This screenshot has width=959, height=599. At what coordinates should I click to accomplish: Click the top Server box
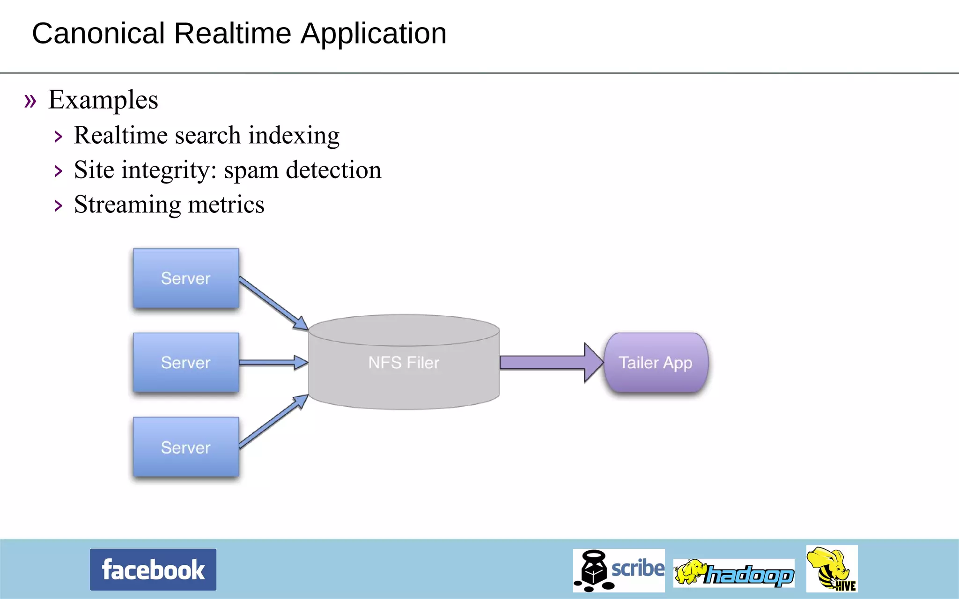pos(186,278)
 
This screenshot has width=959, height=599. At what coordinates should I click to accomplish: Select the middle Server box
pos(186,363)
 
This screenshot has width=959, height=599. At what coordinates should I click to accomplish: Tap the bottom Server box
pos(186,447)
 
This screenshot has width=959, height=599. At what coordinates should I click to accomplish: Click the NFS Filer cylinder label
pos(404,363)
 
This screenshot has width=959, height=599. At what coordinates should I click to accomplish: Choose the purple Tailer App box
pos(656,363)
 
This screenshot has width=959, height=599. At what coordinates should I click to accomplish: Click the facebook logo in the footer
pos(153,570)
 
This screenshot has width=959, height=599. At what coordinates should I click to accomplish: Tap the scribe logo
pos(619,570)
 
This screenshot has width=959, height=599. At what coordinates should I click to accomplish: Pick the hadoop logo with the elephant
pos(734,573)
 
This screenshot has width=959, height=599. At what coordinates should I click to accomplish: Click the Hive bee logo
pos(832,569)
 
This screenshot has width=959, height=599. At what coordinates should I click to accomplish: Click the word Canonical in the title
pos(98,34)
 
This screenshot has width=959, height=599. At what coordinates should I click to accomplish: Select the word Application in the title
pos(373,34)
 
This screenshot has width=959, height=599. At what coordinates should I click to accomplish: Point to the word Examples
pos(103,100)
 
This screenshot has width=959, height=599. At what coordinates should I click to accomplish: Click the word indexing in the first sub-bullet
pos(294,136)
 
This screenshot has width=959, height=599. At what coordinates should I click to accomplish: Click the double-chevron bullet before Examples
pos(30,101)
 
